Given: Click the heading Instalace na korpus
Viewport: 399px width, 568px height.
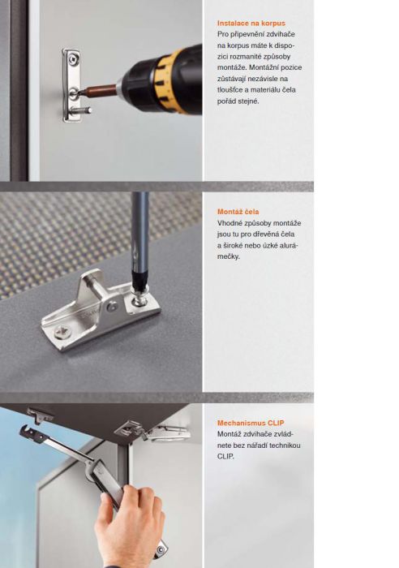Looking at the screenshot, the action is (x=251, y=24).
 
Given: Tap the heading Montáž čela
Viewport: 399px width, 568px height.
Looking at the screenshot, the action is (x=238, y=212).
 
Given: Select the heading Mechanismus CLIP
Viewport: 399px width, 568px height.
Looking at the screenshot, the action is (x=251, y=423).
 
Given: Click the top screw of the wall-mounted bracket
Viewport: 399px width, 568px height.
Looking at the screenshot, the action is (x=73, y=58).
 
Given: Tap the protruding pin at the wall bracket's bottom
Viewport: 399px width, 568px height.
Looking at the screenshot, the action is (x=84, y=110).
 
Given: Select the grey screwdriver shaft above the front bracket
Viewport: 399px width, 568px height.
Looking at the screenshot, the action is (x=140, y=232).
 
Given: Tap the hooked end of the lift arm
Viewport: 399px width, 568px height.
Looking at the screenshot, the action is (x=28, y=432).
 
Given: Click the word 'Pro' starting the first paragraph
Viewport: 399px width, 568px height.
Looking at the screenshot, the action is (x=222, y=34).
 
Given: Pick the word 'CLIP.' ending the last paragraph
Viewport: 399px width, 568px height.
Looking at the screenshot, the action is (x=225, y=456).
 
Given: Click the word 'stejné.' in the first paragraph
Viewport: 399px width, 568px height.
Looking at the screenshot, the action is (x=248, y=101).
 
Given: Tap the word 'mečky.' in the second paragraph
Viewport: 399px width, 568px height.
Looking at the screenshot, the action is (x=229, y=256).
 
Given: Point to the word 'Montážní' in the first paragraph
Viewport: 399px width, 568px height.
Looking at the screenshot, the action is (x=263, y=67).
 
